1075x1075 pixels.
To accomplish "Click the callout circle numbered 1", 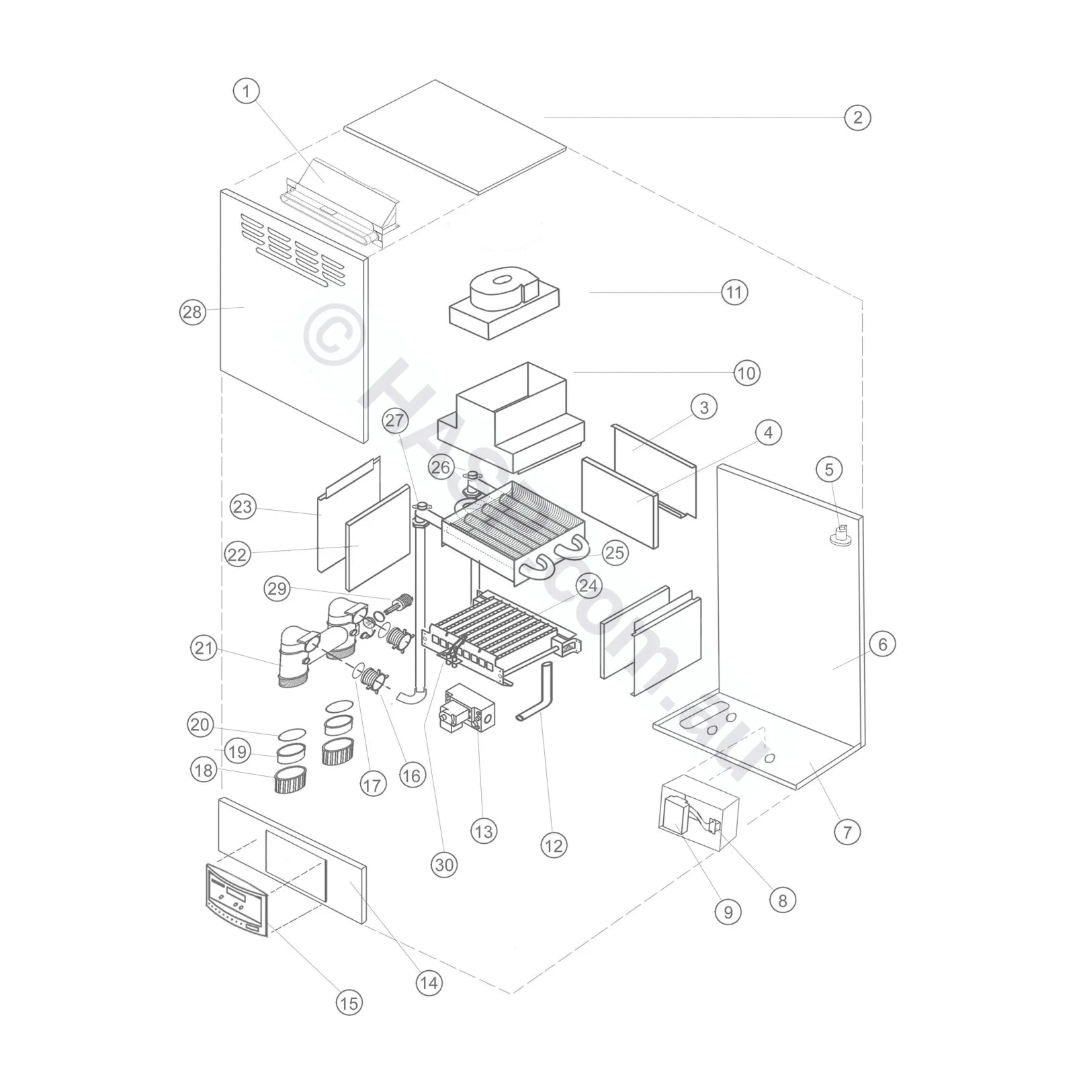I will point(246,91).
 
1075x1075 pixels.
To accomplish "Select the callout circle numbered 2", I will point(857,118).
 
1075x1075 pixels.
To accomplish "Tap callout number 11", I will point(734,292).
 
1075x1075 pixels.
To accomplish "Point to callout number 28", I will point(192,312).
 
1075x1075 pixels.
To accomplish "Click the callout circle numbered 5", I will point(828,469).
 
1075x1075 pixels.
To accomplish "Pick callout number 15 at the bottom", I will point(348,1003).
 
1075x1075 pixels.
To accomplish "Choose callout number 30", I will point(444,865).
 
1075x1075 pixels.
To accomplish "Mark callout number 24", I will point(587,586).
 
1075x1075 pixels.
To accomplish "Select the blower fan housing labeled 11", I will point(504,306).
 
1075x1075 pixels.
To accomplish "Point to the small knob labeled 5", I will point(841,537).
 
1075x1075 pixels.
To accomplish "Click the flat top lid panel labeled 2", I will point(456,138).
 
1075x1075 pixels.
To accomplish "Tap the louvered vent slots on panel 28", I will point(292,247).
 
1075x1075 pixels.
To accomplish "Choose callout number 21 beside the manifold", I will point(204,648).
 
